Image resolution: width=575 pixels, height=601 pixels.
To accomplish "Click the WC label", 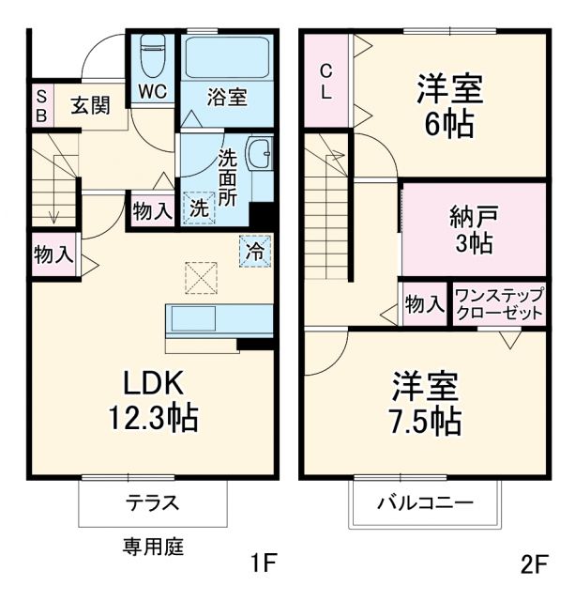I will (153, 92).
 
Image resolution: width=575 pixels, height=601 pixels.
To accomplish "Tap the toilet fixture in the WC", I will (153, 55).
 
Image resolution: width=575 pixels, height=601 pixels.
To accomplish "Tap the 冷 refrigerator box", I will (253, 251).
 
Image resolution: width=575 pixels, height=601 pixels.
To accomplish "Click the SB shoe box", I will (41, 104).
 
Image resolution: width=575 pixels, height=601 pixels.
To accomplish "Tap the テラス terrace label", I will (152, 502).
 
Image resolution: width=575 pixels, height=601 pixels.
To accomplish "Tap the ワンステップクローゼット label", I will (498, 303).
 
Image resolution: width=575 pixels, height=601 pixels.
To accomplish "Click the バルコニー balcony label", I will (425, 502).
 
